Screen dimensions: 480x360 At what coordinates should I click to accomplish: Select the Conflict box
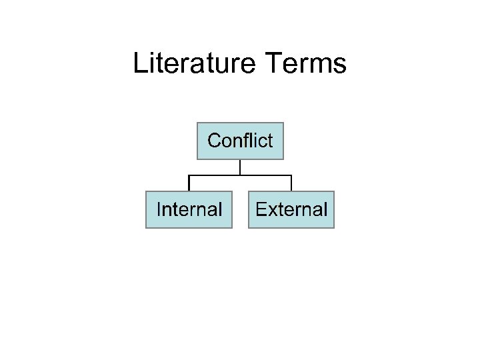point(240,141)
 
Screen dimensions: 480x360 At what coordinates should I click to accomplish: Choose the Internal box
point(189,209)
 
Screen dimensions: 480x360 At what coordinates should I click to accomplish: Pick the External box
point(291,209)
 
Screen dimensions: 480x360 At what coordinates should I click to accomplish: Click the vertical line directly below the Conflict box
point(240,167)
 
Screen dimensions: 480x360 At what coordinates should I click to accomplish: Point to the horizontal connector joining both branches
point(213,175)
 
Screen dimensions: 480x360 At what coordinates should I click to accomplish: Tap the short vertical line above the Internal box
point(189,183)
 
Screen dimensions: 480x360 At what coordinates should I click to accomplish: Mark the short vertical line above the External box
point(291,183)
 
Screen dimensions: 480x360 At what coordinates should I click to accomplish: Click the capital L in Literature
point(140,64)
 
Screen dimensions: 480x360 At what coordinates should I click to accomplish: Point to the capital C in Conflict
point(214,141)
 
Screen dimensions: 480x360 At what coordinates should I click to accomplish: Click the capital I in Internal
point(159,209)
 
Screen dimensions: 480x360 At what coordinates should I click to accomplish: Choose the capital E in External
point(261,209)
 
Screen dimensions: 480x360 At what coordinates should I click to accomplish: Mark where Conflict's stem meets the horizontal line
point(240,175)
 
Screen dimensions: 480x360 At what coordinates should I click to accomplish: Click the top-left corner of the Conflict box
point(198,123)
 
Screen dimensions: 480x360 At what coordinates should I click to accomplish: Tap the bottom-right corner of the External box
point(333,227)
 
